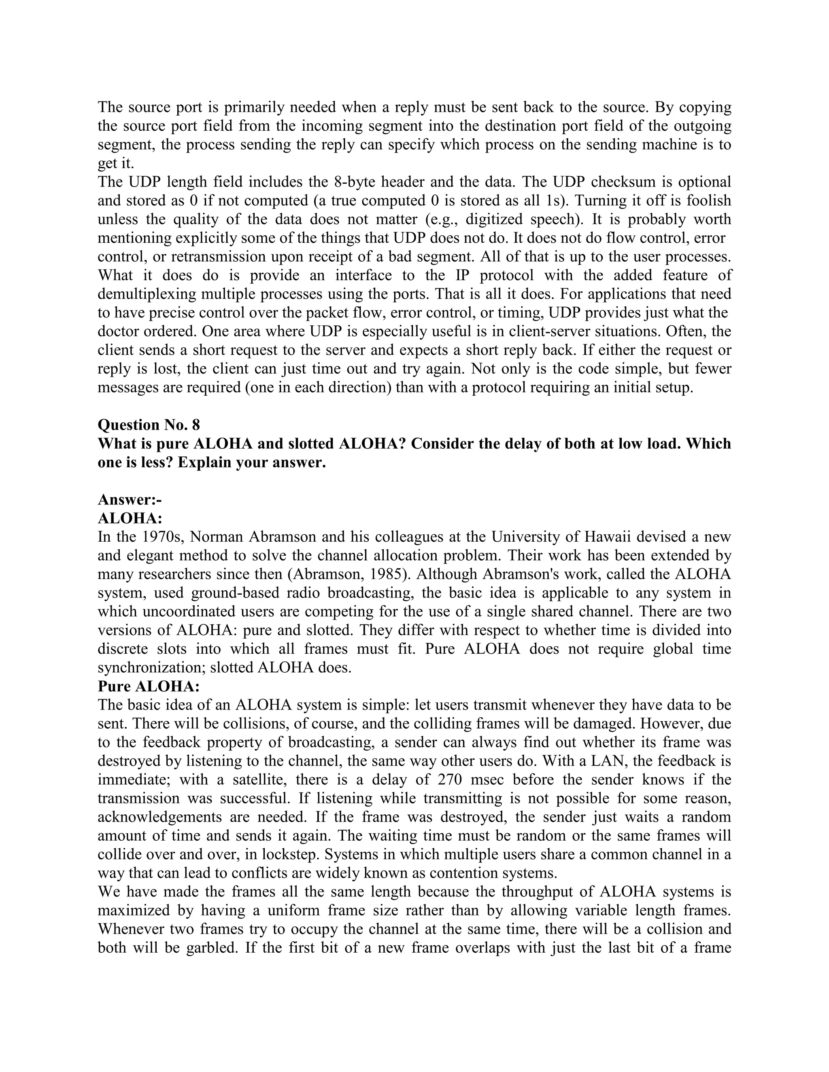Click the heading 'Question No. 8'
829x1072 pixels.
(x=149, y=425)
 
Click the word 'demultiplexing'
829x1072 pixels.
(x=149, y=294)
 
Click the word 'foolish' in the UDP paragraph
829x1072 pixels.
(x=709, y=200)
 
